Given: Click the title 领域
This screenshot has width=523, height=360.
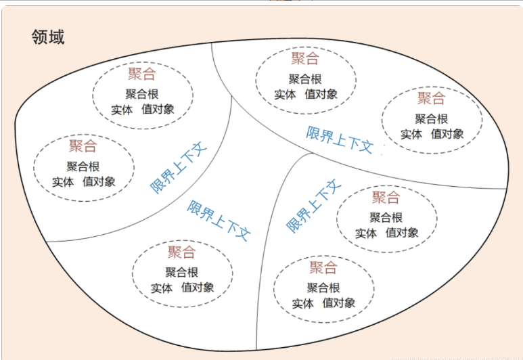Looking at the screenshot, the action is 48,37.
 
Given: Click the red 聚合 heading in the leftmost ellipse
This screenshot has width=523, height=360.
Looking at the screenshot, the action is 83,145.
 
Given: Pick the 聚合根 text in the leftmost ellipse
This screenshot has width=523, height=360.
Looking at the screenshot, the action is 83,166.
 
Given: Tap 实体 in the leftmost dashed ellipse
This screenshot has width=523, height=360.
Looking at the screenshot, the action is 64,181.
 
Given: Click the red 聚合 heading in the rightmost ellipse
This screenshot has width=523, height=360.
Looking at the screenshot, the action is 431,98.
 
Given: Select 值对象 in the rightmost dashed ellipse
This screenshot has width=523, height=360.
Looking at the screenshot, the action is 447,134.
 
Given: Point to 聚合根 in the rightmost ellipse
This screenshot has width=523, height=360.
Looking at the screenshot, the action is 432,118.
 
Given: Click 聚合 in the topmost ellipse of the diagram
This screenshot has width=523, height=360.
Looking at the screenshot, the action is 304,59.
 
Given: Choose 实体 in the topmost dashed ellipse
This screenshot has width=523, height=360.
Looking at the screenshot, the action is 286,95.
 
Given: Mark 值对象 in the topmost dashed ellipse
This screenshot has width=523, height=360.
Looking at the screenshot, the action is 321,95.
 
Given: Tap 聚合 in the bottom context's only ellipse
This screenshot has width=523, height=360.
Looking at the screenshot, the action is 181,252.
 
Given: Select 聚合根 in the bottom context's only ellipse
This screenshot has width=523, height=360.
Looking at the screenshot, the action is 182,272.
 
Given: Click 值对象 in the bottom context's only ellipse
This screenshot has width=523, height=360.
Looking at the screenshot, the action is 198,288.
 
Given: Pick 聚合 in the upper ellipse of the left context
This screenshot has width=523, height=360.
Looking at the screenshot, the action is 141,74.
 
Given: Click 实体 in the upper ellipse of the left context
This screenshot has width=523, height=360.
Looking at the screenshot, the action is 122,110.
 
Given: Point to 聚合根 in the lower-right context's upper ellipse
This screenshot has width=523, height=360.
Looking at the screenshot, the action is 386,217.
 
